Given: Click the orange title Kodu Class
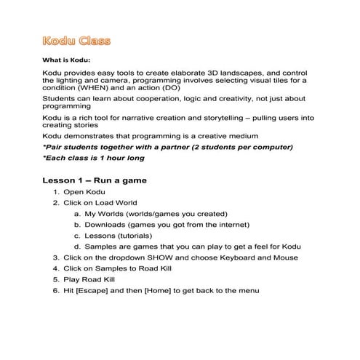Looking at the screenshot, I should pos(76,39).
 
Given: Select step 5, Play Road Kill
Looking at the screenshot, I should pos(92,279).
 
